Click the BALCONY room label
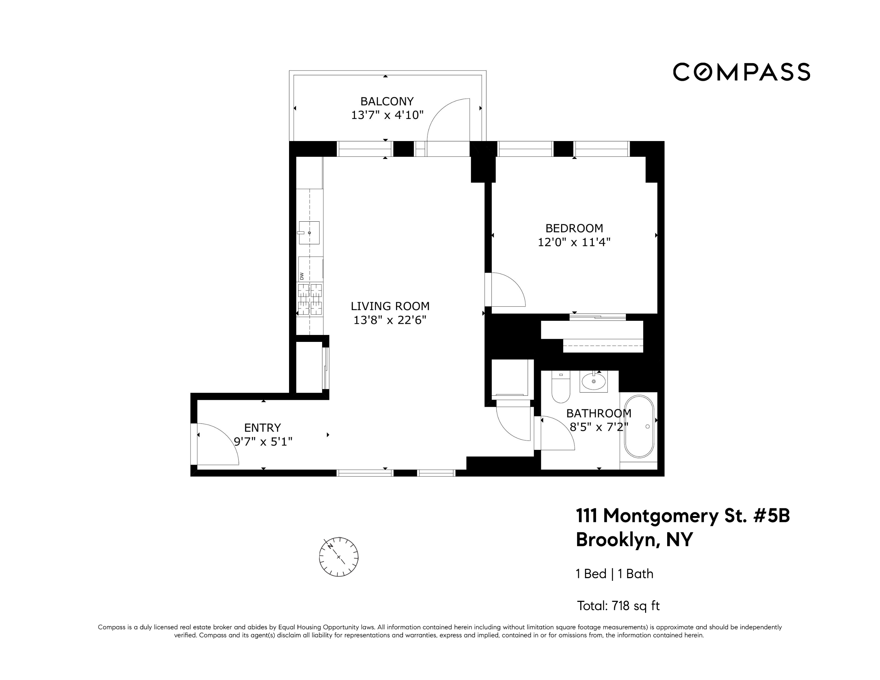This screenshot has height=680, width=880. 387,101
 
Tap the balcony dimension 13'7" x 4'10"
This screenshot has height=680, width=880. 387,115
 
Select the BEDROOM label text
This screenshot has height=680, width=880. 574,229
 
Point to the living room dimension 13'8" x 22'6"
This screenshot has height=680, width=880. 390,320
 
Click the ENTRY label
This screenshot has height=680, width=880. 262,428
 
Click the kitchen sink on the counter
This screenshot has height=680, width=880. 309,233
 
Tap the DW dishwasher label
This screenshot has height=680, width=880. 301,276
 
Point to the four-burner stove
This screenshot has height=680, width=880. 309,299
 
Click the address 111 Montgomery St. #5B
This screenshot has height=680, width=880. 683,516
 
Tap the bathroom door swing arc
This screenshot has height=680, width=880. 556,433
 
